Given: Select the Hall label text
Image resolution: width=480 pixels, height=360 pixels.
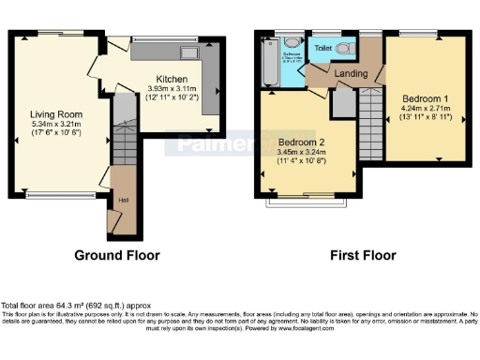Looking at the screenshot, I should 123,200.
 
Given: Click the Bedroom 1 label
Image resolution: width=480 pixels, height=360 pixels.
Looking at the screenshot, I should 426,97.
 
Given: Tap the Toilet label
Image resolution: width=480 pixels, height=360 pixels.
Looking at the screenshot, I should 323,47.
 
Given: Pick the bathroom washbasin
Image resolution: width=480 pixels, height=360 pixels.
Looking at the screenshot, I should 292,43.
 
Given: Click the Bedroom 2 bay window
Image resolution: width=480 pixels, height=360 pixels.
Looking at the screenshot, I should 305,201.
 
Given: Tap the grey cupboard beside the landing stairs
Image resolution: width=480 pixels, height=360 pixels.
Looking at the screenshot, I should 343,104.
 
